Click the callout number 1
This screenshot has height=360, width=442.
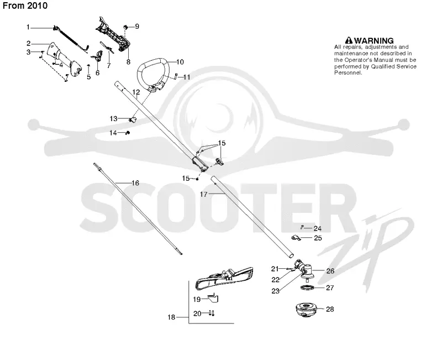(28, 27)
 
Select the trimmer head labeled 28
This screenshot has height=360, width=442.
(307, 310)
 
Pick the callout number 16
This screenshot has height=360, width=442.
(135, 183)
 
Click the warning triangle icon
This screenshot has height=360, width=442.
(349, 40)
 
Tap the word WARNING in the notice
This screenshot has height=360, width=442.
(373, 40)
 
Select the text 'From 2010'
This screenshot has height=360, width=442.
(25, 6)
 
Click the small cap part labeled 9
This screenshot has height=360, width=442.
(126, 27)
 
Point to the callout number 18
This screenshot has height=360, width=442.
(171, 317)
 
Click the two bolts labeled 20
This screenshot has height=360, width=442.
(212, 313)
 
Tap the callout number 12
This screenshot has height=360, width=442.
(136, 92)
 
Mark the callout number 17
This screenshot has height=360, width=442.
(203, 194)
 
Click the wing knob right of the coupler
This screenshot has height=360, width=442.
(219, 161)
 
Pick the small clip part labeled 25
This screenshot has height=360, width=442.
(296, 238)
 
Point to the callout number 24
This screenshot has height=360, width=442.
(317, 228)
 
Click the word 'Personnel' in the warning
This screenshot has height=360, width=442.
(348, 73)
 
